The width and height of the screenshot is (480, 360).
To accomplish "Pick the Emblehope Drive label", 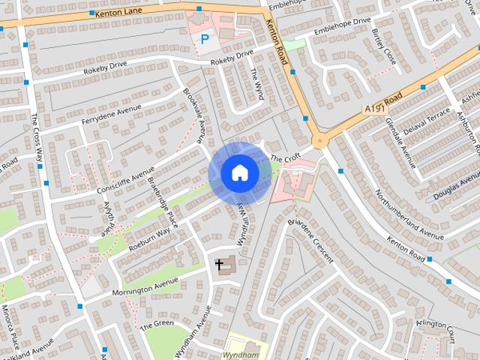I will [343, 27].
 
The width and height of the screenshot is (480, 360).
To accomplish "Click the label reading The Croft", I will [285, 159].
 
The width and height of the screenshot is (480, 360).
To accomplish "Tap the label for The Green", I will [157, 324].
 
